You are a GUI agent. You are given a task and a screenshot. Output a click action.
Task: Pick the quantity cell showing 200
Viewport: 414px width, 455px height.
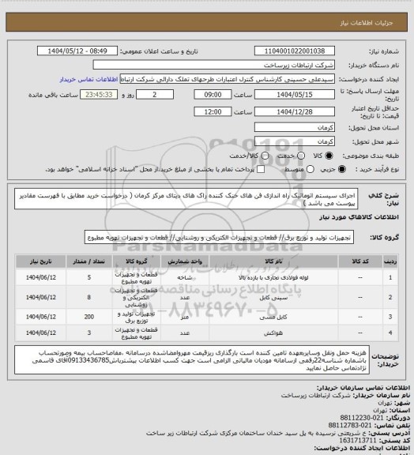pyautogui.click(x=94, y=315)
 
